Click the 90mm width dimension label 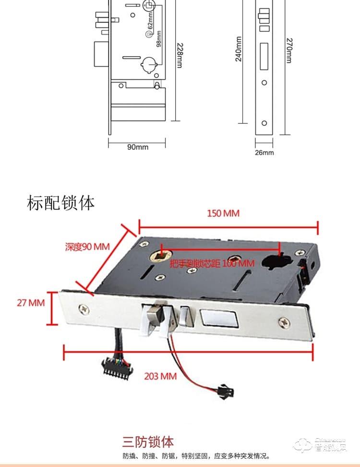(137, 147)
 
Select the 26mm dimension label (264, 153)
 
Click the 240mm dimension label (239, 49)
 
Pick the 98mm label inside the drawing (158, 38)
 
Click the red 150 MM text (223, 213)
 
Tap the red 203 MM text (160, 376)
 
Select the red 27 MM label (30, 303)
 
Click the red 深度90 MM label (87, 247)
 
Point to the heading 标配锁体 (60, 203)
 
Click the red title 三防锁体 (148, 442)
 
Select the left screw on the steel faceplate (85, 309)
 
